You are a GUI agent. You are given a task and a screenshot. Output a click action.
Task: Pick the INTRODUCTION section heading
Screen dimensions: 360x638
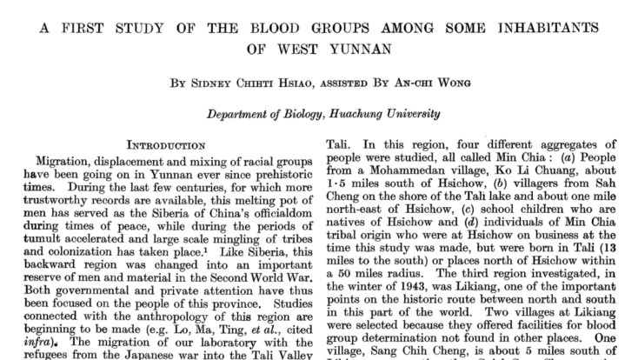point(170,143)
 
